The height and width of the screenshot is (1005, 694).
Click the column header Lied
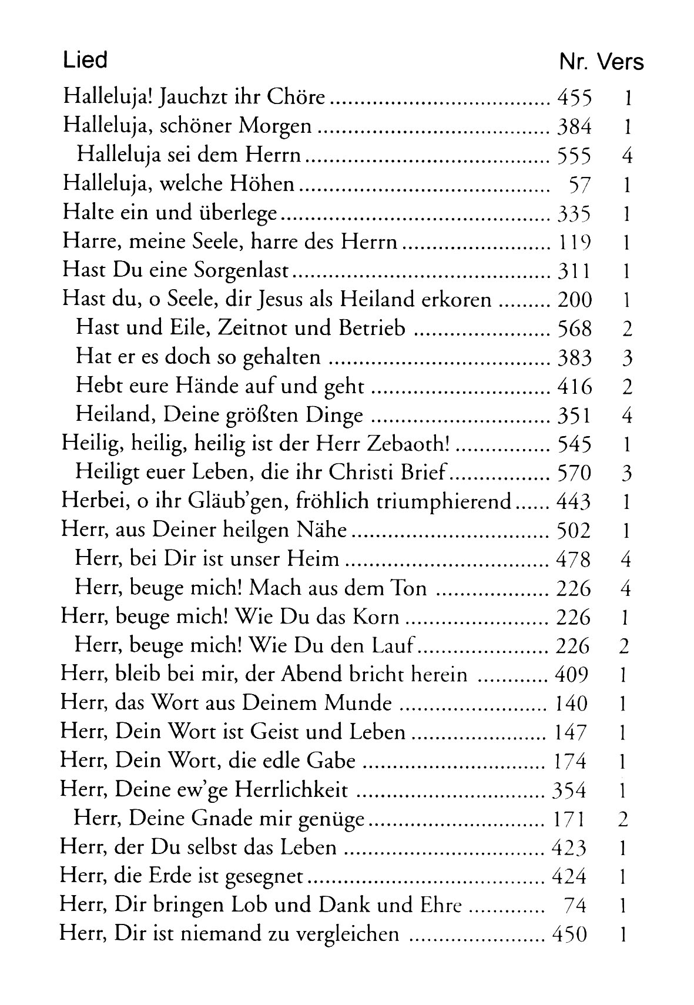click(x=85, y=60)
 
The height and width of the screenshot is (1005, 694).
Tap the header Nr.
click(x=574, y=62)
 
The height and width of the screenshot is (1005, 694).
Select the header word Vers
click(x=621, y=62)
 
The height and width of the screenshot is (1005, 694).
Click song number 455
click(x=573, y=98)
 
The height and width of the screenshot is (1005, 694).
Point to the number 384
click(x=573, y=127)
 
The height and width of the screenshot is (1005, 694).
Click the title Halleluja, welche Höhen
click(x=178, y=185)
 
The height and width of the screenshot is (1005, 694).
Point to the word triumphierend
click(x=444, y=502)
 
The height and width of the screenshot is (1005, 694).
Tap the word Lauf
click(x=394, y=646)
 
